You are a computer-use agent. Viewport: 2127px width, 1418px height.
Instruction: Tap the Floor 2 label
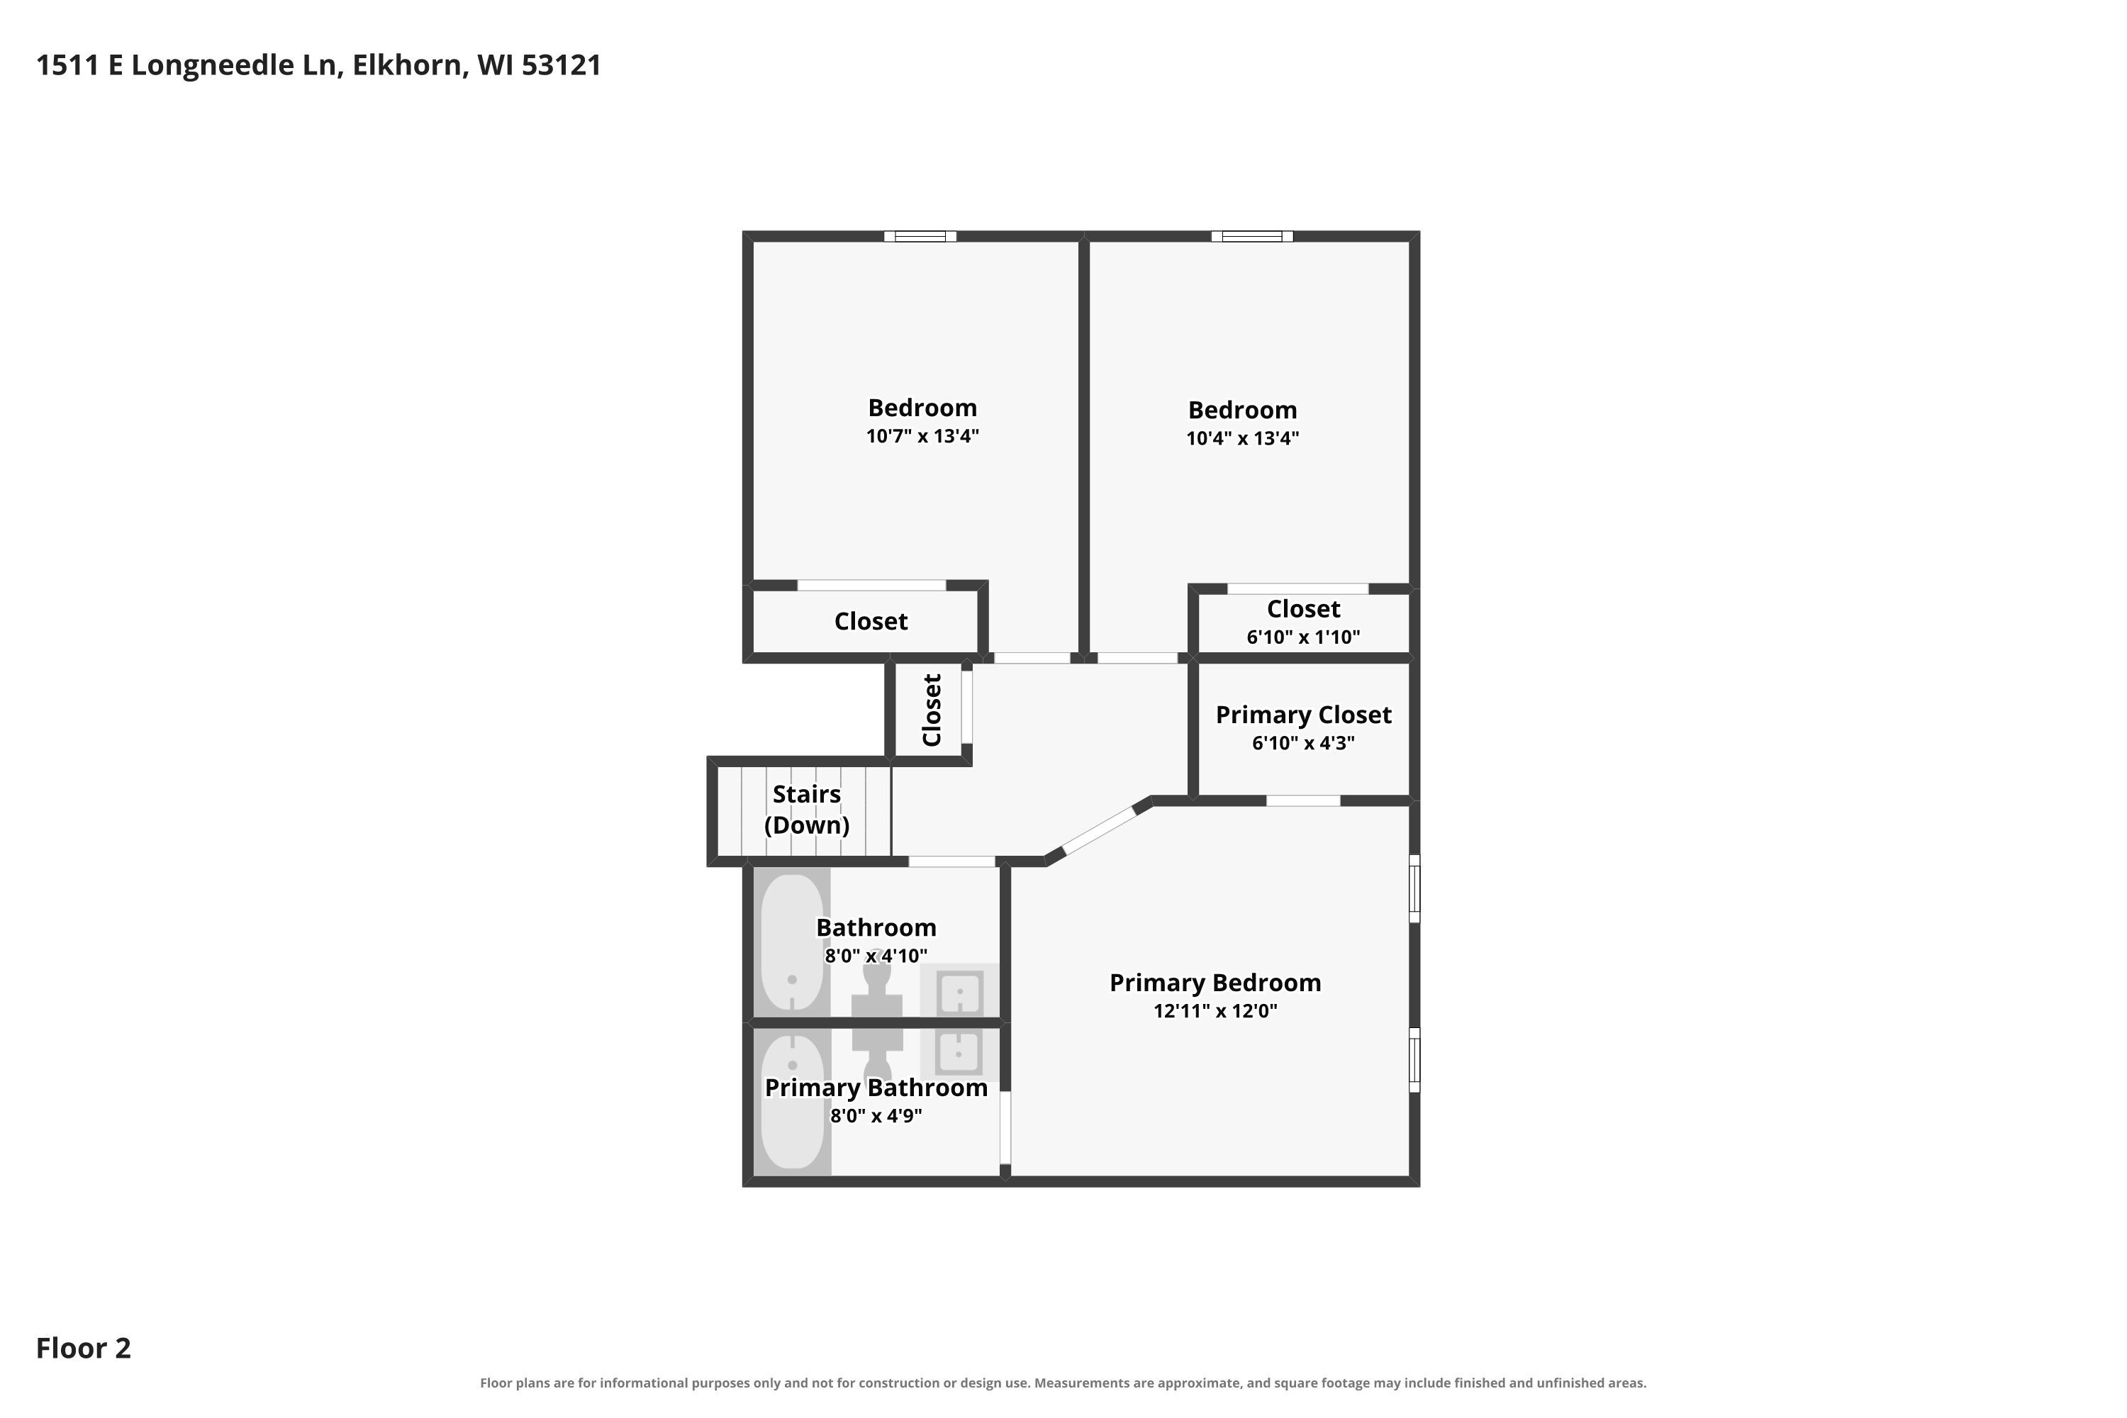click(83, 1349)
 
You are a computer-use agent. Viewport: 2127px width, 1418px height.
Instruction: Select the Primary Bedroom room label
click(1215, 983)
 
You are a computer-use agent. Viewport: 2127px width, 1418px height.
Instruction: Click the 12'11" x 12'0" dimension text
click(1215, 1011)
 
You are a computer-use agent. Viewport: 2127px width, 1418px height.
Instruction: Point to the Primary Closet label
click(1303, 715)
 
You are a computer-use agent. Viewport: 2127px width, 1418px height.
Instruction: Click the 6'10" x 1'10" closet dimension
click(1303, 637)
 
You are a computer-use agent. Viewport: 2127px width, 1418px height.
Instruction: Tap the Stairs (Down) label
click(807, 810)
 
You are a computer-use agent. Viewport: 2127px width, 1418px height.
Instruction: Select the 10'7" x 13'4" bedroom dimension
click(922, 436)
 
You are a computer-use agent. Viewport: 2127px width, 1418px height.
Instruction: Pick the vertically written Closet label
click(932, 710)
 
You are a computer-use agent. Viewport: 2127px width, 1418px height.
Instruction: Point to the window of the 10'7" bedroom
click(920, 237)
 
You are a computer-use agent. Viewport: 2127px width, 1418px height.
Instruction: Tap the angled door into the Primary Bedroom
click(1098, 830)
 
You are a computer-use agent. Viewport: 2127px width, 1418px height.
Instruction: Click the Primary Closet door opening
click(1303, 800)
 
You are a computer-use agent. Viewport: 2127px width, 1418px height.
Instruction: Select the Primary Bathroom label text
click(876, 1088)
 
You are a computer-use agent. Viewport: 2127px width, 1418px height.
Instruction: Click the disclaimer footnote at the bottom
click(1063, 1383)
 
